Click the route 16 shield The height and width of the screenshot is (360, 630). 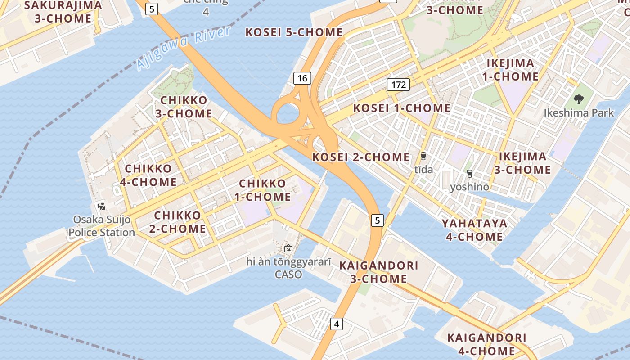[x=302, y=78]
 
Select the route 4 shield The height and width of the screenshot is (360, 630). [x=337, y=324]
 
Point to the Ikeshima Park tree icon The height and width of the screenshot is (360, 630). [x=579, y=99]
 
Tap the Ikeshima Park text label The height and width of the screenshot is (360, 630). [x=579, y=112]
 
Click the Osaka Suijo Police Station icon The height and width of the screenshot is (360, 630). [x=102, y=206]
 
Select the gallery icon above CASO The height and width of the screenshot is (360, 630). [x=288, y=248]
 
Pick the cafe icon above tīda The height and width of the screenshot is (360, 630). [x=423, y=156]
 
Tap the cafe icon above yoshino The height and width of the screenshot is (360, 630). [x=470, y=173]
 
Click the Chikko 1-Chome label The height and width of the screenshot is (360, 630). [x=263, y=190]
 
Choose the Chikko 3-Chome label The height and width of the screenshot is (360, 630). [x=184, y=107]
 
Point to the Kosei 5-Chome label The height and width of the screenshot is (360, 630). [x=294, y=32]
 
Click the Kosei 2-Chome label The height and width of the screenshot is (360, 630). [x=361, y=157]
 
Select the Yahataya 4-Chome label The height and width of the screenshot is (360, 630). [x=474, y=230]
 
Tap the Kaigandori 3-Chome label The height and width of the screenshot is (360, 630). [x=379, y=272]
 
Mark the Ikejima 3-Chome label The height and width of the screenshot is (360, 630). [x=523, y=163]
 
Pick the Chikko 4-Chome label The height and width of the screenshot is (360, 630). [x=148, y=175]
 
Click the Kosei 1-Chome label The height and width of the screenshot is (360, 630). [x=401, y=108]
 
